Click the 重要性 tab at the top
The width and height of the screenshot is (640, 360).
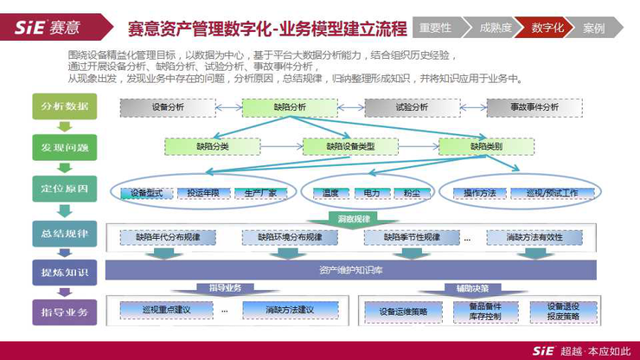pos(436,28)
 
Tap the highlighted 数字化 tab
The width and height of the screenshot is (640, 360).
pos(547,28)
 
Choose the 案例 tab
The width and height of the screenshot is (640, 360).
pos(594,28)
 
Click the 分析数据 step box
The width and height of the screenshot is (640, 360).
pos(65,106)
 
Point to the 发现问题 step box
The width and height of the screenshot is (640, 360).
pos(65,146)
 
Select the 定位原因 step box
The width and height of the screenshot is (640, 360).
pos(65,188)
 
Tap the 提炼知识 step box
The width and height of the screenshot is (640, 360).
pos(65,272)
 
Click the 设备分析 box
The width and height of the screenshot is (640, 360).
pos(167,107)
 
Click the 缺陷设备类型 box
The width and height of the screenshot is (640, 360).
pos(350,146)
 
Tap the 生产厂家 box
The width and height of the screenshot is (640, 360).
pos(260,193)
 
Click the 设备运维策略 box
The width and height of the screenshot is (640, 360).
pos(397,311)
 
